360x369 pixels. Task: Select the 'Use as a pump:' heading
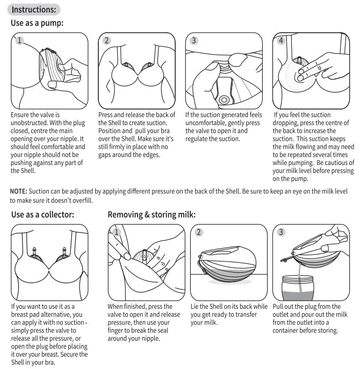pyautogui.click(x=37, y=23)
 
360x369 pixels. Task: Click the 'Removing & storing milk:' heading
pyautogui.click(x=152, y=215)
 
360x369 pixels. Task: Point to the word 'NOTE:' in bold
pyautogui.click(x=19, y=192)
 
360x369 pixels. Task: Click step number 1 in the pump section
pyautogui.click(x=20, y=40)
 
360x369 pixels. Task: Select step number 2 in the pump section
pyautogui.click(x=107, y=40)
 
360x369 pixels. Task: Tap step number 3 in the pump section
pyautogui.click(x=194, y=40)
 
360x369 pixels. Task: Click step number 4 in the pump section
pyautogui.click(x=280, y=40)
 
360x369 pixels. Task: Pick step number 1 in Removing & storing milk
pyautogui.click(x=117, y=232)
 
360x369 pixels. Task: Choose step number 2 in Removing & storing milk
pyautogui.click(x=199, y=232)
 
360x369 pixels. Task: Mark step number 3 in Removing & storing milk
pyautogui.click(x=281, y=232)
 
